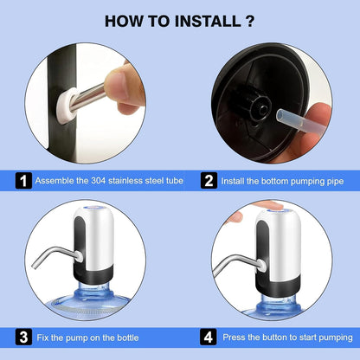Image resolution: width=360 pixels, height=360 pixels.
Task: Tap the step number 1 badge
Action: point(23,181)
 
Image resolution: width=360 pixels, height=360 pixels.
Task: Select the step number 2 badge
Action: point(208,181)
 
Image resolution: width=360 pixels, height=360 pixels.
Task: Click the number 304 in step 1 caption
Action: point(99,181)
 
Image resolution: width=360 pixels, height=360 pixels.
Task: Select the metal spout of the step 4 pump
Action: point(234,257)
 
